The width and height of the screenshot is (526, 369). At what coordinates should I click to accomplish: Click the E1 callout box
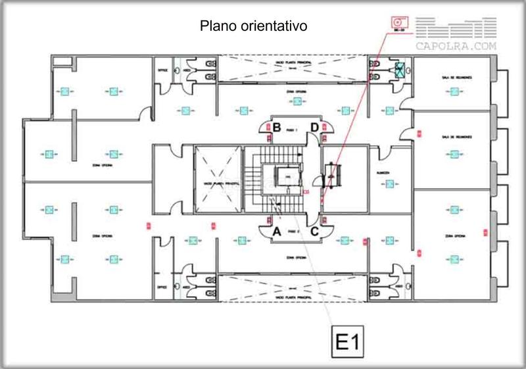pyautogui.click(x=346, y=343)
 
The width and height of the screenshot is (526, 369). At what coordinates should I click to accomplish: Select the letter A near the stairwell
pyautogui.click(x=277, y=232)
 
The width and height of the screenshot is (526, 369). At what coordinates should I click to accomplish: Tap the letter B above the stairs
pyautogui.click(x=277, y=127)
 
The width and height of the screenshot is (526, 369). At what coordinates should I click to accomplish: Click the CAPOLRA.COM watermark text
pyautogui.click(x=456, y=47)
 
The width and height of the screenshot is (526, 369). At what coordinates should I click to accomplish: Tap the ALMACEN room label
pyautogui.click(x=384, y=174)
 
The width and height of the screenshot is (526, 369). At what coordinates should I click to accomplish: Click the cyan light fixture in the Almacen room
pyautogui.click(x=390, y=185)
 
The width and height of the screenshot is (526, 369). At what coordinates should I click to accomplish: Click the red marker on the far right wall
pyautogui.click(x=485, y=232)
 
